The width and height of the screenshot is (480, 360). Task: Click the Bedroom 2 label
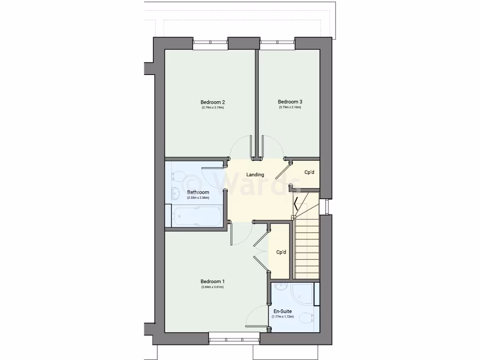[213, 102]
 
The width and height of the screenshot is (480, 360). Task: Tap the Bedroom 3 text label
[290, 102]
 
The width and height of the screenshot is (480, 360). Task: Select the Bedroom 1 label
[212, 282]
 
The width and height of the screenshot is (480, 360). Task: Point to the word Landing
[255, 175]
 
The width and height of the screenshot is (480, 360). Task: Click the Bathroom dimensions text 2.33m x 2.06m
[198, 198]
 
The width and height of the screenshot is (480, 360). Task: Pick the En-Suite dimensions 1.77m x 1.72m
[283, 317]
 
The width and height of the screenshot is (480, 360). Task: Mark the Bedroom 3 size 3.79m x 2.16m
[290, 107]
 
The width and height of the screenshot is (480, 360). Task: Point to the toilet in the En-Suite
[306, 318]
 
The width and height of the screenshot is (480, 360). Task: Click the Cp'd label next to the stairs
[281, 252]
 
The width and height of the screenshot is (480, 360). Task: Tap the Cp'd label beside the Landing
[309, 172]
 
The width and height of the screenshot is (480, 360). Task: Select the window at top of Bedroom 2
[210, 44]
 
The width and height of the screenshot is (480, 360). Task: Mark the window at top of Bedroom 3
[277, 44]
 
